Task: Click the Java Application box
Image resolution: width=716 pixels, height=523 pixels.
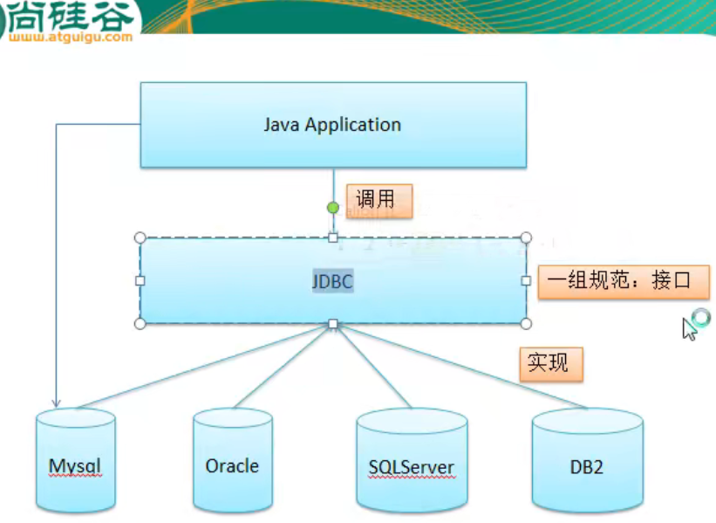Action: (x=333, y=125)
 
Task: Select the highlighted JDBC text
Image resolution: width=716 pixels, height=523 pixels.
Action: (x=333, y=282)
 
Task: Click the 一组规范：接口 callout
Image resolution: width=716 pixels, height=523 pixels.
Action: (x=623, y=281)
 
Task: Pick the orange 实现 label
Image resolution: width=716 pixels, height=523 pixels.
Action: (x=550, y=362)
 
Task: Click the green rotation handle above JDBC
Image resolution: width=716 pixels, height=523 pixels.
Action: (x=332, y=208)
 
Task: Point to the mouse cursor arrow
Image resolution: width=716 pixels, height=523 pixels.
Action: (x=688, y=328)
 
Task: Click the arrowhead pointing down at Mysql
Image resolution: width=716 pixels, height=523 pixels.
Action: (x=57, y=403)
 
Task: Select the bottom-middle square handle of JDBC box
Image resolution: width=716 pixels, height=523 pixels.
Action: (x=332, y=324)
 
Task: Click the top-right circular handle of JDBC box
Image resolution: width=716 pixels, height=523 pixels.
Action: (x=526, y=237)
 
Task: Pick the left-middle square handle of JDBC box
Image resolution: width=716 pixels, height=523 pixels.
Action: (x=140, y=280)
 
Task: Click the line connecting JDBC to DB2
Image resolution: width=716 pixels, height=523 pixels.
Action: (x=462, y=367)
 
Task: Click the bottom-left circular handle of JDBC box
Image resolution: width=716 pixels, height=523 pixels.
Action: (x=140, y=324)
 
